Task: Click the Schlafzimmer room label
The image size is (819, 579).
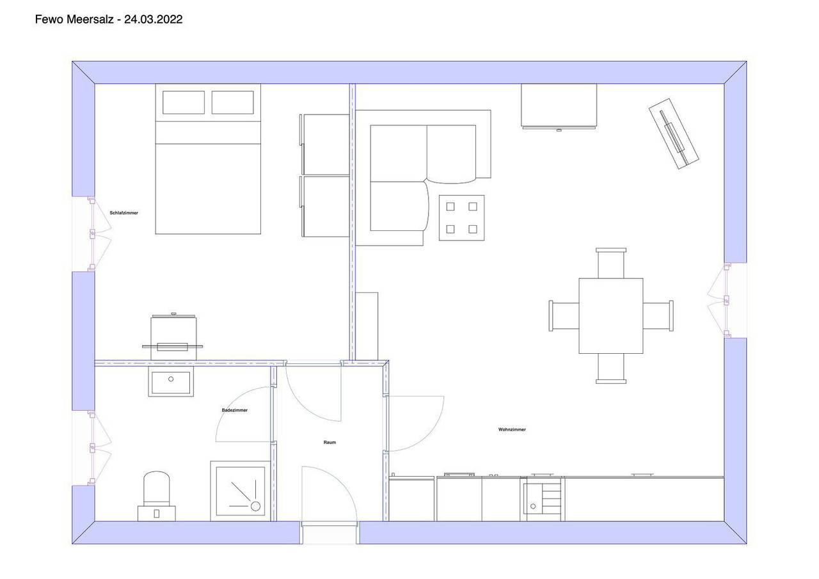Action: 124,213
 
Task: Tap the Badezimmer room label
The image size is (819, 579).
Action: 235,410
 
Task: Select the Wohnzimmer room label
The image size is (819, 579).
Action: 512,429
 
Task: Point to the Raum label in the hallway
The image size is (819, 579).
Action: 330,442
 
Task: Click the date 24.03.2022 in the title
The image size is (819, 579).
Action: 153,19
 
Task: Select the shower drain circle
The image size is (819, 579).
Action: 255,506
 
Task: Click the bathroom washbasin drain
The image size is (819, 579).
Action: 171,379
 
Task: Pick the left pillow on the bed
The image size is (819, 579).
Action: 184,102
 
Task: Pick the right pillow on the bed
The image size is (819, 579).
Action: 232,102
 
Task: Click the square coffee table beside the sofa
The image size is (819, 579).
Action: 462,218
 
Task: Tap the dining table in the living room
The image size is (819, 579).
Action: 611,316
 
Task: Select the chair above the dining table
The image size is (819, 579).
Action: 611,263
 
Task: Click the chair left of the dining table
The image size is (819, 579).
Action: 564,316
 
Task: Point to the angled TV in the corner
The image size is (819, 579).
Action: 674,134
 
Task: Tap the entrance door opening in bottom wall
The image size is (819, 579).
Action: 329,532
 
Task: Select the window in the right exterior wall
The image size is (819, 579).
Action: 727,301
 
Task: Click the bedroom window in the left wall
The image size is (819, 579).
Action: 92,234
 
